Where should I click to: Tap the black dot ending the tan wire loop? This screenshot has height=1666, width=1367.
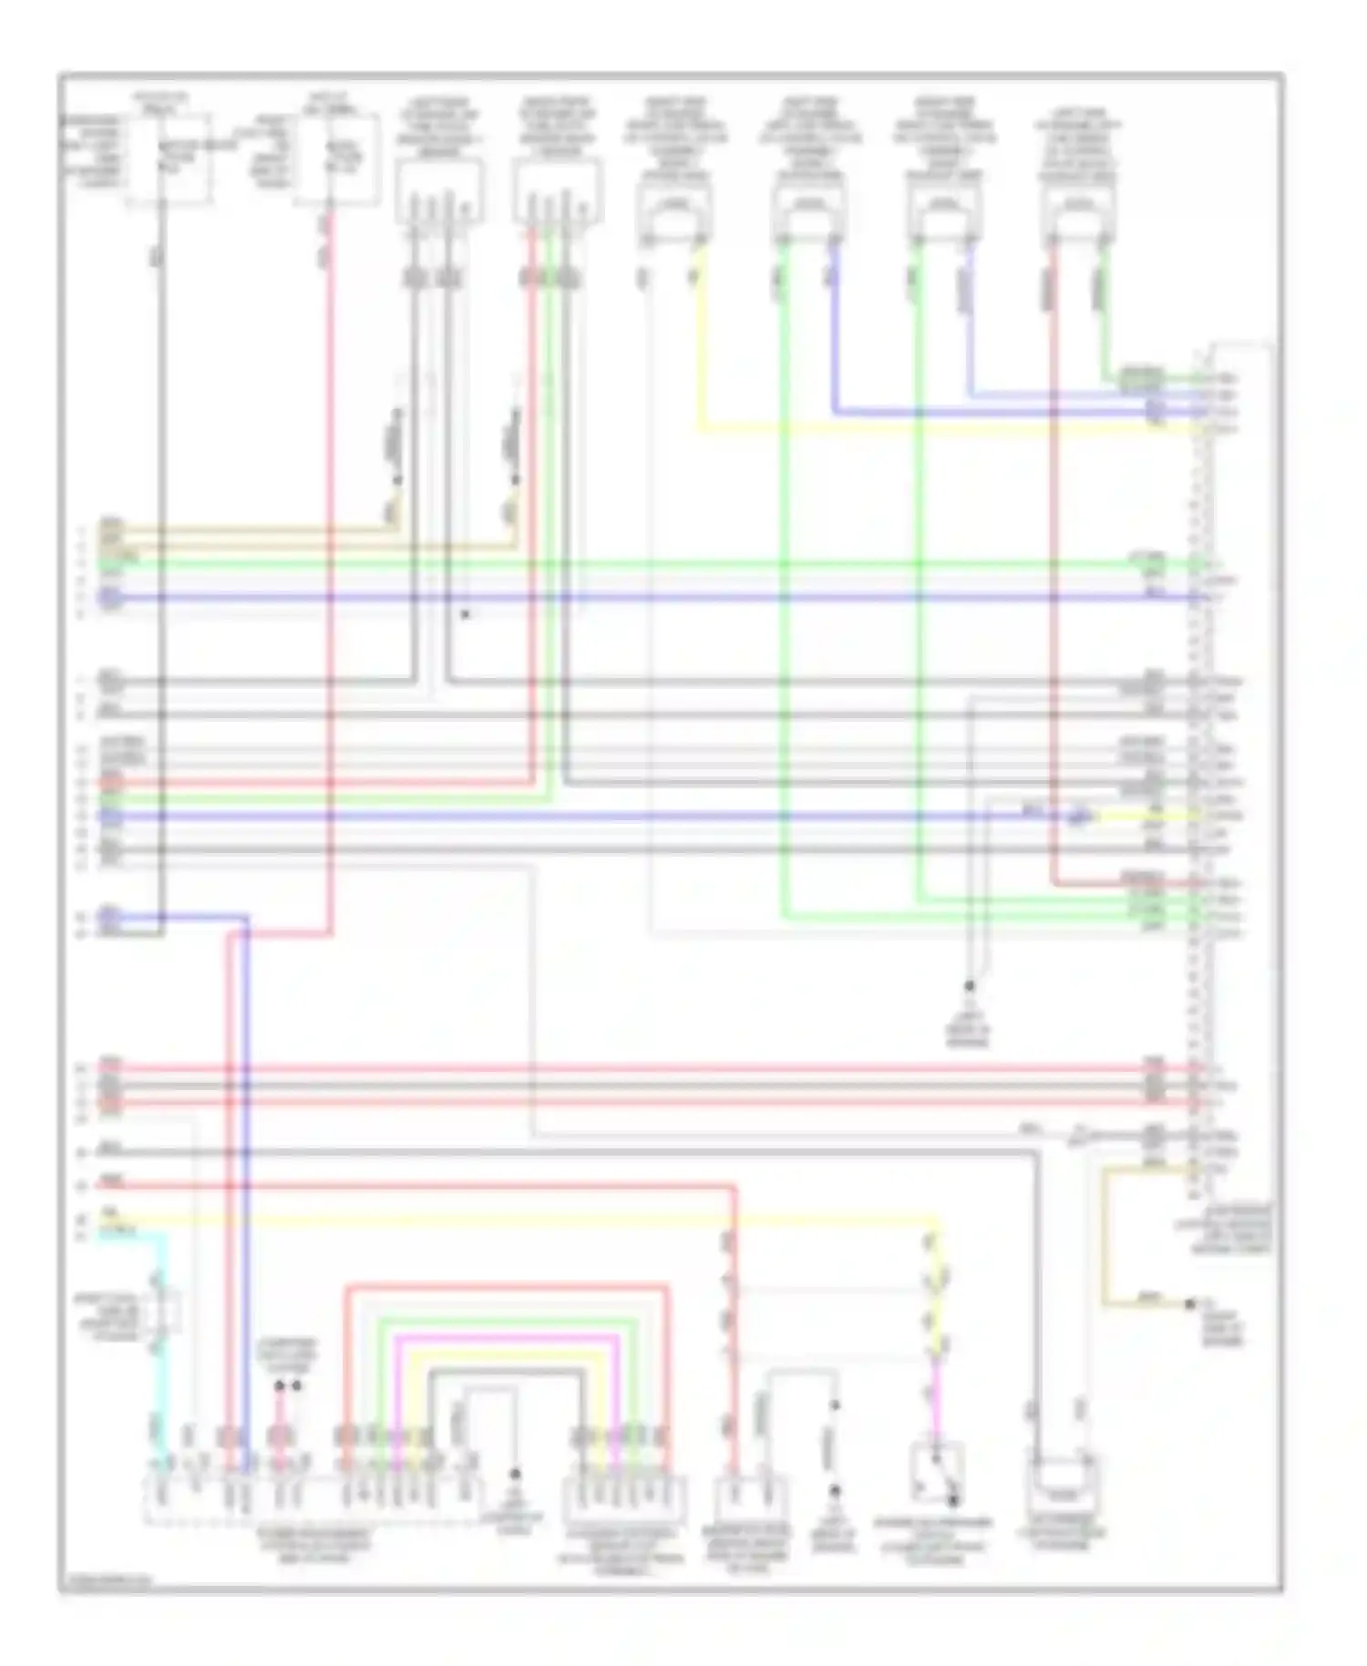click(x=1190, y=1305)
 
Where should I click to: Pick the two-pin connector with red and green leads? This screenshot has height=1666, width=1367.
click(x=1078, y=217)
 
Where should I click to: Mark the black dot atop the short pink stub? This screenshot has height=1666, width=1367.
click(x=280, y=1385)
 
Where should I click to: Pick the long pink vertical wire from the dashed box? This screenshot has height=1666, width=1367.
click(x=330, y=565)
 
